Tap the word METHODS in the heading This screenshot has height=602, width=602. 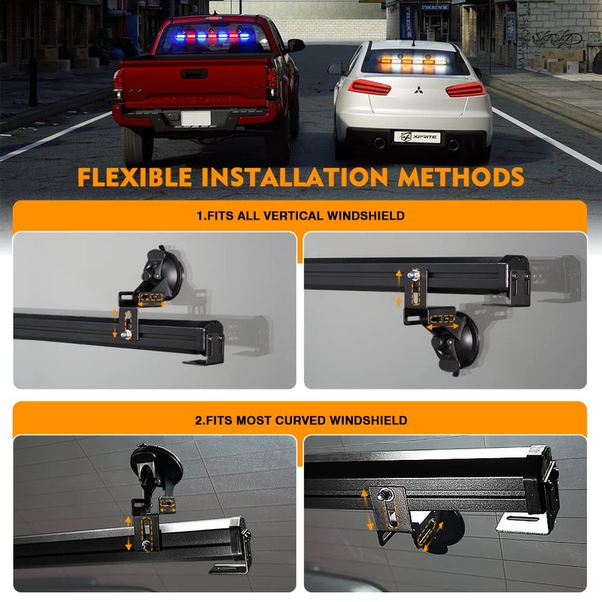[x=461, y=178]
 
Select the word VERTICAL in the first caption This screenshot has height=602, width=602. [x=287, y=216]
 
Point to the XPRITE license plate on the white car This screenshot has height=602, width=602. [x=417, y=136]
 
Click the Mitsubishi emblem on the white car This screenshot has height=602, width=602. [x=417, y=93]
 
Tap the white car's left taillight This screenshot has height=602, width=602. [x=369, y=87]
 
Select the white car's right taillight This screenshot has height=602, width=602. [x=464, y=90]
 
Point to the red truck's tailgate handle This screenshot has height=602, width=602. [x=194, y=74]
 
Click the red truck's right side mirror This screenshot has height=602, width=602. [x=296, y=45]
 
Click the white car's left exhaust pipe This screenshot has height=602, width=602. [x=379, y=143]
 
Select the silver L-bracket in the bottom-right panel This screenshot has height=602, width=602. [x=522, y=523]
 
